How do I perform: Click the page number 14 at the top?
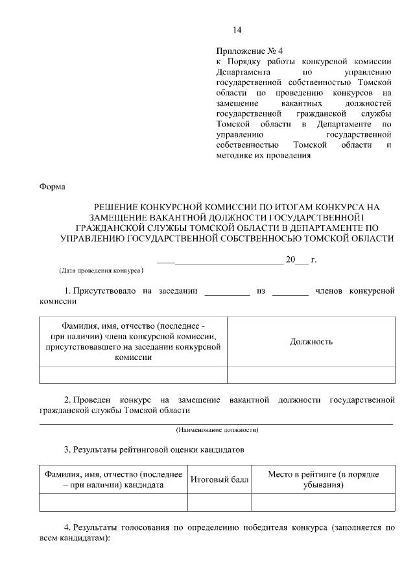237,30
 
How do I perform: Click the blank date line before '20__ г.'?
220,263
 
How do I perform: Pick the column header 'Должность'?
311,341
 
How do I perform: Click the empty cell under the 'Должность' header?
311,375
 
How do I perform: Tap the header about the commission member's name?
134,341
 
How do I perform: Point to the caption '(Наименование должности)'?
217,430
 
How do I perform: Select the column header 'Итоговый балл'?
219,480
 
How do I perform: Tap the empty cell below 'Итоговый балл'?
219,503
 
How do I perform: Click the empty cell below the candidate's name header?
113,503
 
